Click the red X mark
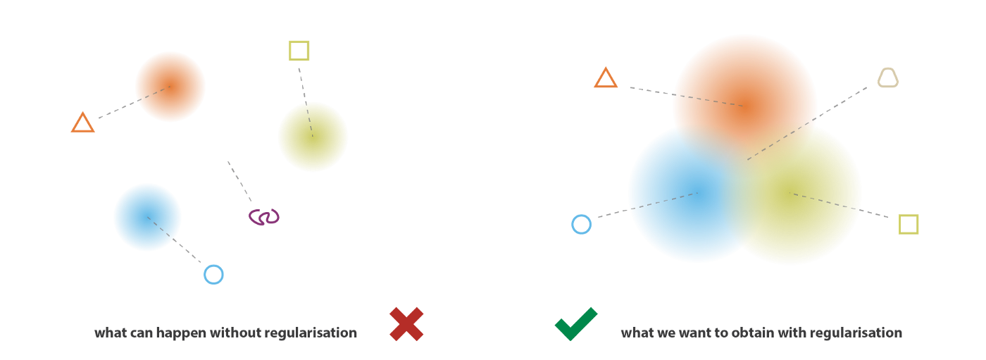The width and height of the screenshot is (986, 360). tap(406, 324)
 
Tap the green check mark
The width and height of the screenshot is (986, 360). tap(575, 324)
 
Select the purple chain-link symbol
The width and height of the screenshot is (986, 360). tap(264, 217)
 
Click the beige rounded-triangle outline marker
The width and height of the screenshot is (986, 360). tap(888, 78)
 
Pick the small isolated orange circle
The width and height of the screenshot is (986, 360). tap(170, 87)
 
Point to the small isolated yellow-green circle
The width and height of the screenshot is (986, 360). tap(313, 137)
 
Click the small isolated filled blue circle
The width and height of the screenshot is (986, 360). tap(147, 217)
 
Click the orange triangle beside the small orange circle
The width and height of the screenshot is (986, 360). tap(82, 123)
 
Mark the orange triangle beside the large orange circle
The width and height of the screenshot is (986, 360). tap(606, 78)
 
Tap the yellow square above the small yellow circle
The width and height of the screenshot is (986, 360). tap(299, 51)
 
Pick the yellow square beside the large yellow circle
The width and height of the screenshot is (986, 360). tap(909, 224)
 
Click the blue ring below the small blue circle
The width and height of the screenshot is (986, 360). tap(213, 274)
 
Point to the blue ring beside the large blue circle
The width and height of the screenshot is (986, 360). tap(581, 224)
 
